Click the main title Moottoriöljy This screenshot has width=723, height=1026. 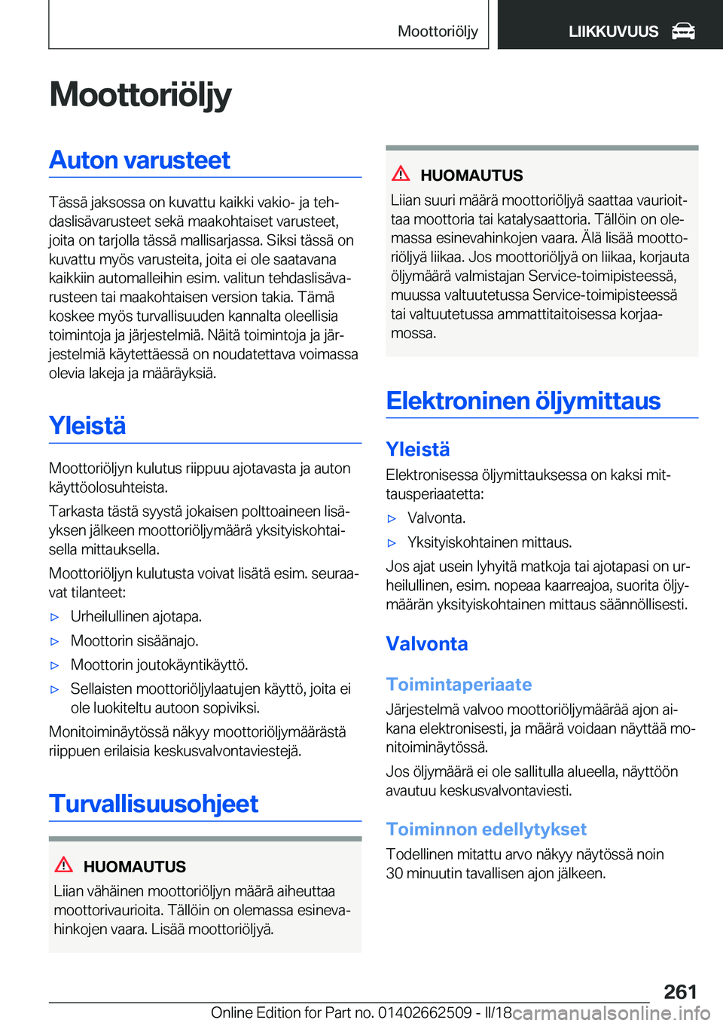140,95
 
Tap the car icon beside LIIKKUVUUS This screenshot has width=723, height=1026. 683,32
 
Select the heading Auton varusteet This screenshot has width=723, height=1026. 139,160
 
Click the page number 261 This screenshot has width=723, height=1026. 680,991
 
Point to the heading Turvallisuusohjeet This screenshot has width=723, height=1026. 154,804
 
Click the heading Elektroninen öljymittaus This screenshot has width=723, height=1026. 523,401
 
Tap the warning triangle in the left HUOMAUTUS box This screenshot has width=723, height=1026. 64,865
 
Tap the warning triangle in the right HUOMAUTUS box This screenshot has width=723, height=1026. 401,174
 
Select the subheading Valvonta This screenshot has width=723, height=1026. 427,644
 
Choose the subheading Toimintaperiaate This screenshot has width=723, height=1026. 459,684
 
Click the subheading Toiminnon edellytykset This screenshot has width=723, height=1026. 486,829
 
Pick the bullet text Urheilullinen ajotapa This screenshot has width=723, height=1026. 136,616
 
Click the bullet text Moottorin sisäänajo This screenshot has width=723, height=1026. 135,640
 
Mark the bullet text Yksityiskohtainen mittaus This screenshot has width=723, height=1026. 490,542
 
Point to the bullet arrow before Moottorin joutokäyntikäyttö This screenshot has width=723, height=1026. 54,665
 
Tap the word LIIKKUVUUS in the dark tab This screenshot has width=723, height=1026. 613,32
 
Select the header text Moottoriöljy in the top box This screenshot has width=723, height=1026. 438,31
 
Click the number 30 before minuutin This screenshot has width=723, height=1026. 395,874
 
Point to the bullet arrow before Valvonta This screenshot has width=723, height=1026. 392,518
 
